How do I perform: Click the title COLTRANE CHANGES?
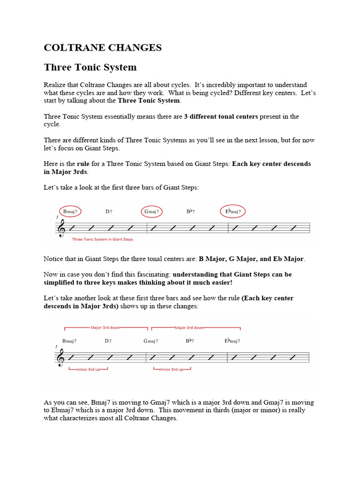coord(103,48)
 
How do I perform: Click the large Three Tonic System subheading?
coord(90,67)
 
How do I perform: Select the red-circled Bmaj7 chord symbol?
coord(70,211)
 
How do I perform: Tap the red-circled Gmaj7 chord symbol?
coord(151,211)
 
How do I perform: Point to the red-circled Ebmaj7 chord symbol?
coord(232,211)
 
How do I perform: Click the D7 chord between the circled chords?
coord(109,211)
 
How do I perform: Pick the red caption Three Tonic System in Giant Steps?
coord(102,239)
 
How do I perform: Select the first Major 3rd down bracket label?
coord(105,328)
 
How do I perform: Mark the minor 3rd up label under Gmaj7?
coord(172,369)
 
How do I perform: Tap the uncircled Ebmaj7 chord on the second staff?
coord(232,341)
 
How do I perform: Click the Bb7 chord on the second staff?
coord(190,341)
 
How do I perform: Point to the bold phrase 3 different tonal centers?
coord(221,116)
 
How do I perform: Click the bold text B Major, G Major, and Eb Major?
coord(251,259)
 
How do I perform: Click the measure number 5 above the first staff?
coord(57,217)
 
